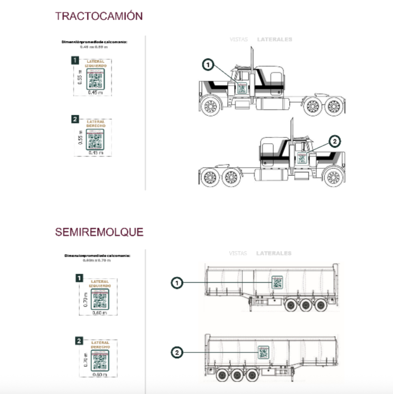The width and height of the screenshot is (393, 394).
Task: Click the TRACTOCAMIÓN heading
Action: point(99,16)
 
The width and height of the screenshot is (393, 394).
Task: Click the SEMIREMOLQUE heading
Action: point(99,232)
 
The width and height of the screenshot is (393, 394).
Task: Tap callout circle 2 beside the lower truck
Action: point(335,142)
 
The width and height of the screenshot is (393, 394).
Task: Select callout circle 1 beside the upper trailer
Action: point(177,284)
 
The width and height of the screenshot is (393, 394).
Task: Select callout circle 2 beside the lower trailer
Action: point(177,352)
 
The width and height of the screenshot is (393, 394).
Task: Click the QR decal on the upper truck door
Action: point(242,88)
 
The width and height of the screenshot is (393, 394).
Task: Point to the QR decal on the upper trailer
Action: point(277,282)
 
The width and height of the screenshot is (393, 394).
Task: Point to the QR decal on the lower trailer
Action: point(263,352)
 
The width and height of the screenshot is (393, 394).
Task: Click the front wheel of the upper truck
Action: point(210,107)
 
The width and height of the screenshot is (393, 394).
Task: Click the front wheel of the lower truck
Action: point(333,177)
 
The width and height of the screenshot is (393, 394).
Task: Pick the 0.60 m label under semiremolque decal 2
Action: point(100,374)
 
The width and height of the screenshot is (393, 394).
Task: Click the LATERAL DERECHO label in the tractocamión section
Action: point(96,124)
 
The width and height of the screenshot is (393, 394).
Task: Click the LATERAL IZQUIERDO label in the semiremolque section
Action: point(100,284)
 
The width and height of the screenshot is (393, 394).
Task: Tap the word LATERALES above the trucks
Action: point(275,39)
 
